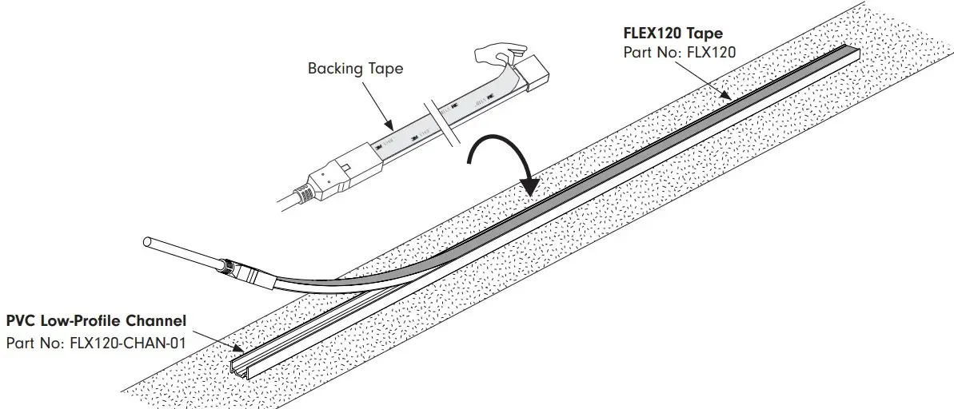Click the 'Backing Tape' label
355,69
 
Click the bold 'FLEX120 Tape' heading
673,34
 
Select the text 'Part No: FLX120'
679,53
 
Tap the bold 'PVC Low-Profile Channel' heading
96,321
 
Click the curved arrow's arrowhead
529,186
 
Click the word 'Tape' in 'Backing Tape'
385,69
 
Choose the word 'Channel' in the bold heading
160,321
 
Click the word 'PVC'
21,321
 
